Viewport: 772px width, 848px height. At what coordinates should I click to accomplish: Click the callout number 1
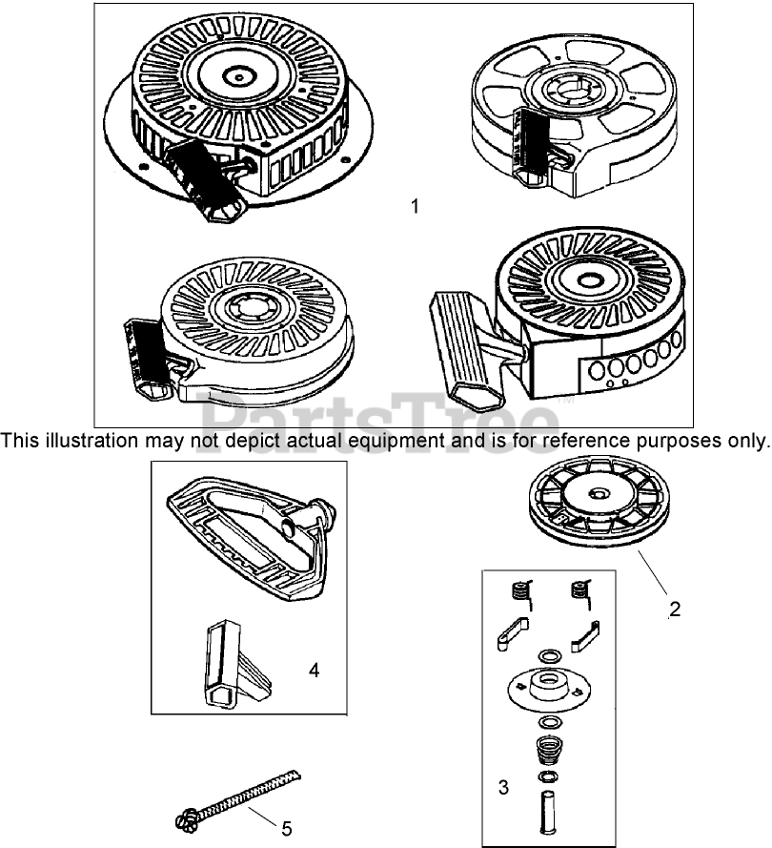pyautogui.click(x=415, y=206)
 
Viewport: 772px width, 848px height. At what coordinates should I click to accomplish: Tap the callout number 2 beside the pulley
pyautogui.click(x=675, y=609)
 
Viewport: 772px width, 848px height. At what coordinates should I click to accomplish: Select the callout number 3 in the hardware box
pyautogui.click(x=503, y=787)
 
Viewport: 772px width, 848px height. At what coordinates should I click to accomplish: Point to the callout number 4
pyautogui.click(x=314, y=671)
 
